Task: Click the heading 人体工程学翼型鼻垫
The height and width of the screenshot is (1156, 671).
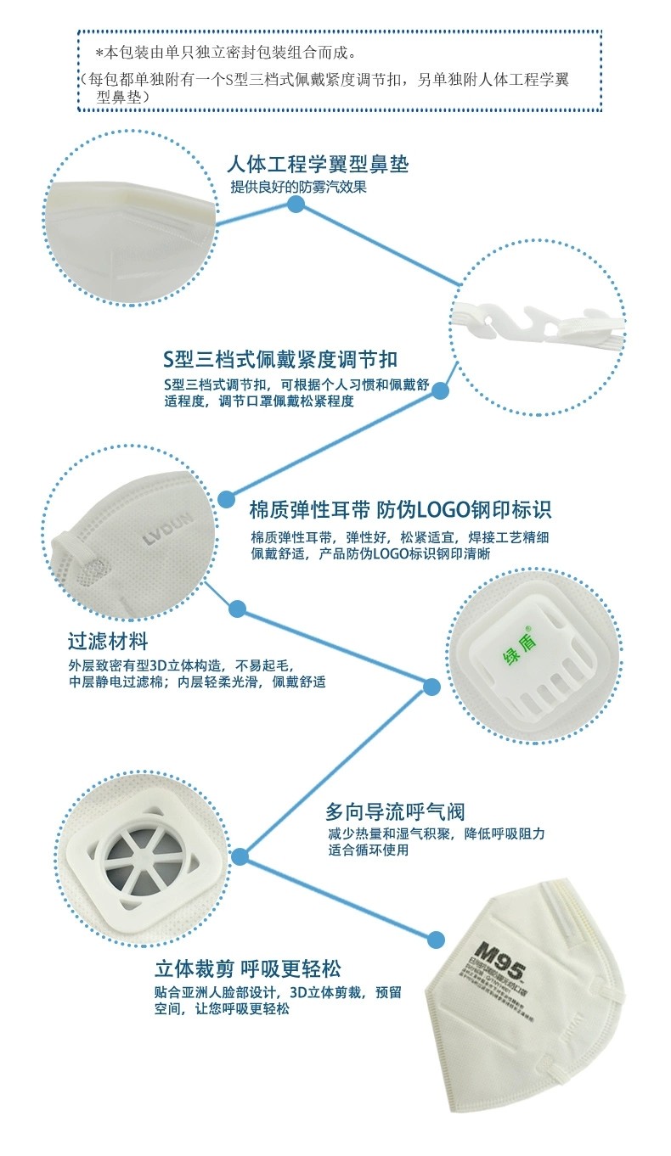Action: coord(319,164)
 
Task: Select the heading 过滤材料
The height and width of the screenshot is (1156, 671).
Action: coord(108,640)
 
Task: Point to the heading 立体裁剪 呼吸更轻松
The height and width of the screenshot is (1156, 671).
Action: coord(248,968)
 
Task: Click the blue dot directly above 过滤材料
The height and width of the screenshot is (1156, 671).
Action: coord(238,609)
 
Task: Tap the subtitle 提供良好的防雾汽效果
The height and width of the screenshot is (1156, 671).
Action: coord(299,187)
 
